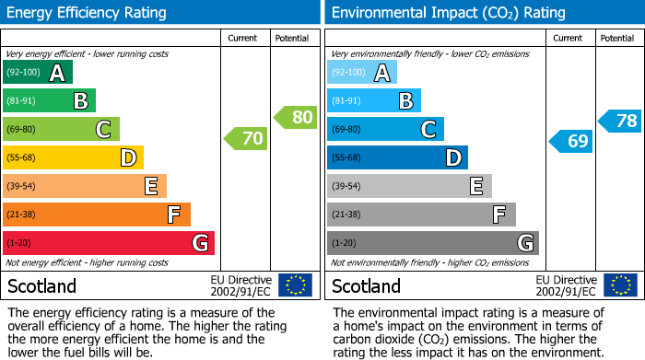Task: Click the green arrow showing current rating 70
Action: click(246, 139)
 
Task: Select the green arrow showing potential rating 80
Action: click(296, 117)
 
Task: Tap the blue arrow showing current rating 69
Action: click(570, 141)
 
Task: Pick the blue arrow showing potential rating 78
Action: click(620, 121)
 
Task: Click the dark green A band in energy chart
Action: click(38, 73)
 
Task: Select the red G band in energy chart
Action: click(109, 243)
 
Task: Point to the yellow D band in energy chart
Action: click(73, 157)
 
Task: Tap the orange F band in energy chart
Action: click(97, 215)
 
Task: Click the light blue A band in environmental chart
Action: click(362, 73)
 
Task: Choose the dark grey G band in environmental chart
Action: click(433, 243)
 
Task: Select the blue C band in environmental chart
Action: click(385, 129)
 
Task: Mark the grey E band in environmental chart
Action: click(409, 186)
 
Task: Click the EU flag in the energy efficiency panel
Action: click(295, 285)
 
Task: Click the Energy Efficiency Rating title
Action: click(88, 13)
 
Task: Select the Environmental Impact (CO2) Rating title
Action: click(448, 13)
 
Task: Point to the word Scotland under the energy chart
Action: click(42, 285)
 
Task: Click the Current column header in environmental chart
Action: click(569, 38)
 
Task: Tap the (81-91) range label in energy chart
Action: click(23, 100)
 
